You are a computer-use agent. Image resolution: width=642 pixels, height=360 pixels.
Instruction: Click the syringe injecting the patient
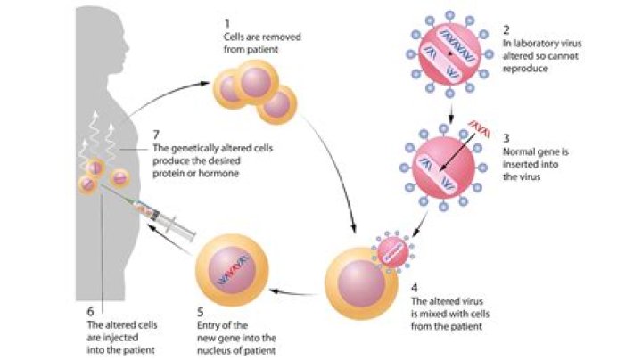click(x=169, y=219)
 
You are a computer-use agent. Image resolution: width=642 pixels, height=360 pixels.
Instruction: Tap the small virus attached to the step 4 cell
click(x=393, y=255)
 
